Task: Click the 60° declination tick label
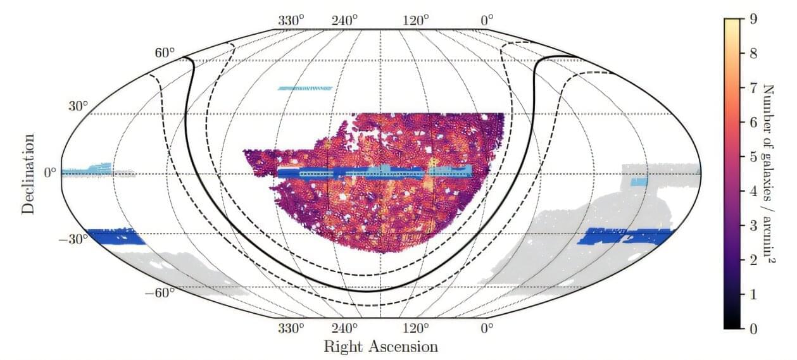coord(164,53)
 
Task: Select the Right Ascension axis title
coord(380,347)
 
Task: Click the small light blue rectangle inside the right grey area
coord(639,182)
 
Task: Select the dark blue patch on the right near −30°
coord(627,235)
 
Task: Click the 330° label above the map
coord(292,20)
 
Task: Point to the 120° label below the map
coord(417,328)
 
